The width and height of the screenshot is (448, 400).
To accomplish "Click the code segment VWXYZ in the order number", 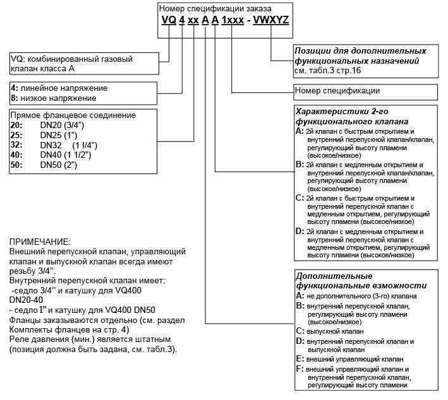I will tap(270, 20).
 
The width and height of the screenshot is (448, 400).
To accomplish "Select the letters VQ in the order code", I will tap(168, 20).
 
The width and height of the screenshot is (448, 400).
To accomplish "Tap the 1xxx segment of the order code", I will tap(231, 20).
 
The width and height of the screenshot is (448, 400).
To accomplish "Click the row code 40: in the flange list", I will tap(18, 155).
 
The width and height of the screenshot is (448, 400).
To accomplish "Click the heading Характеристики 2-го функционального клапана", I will tap(351, 115).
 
